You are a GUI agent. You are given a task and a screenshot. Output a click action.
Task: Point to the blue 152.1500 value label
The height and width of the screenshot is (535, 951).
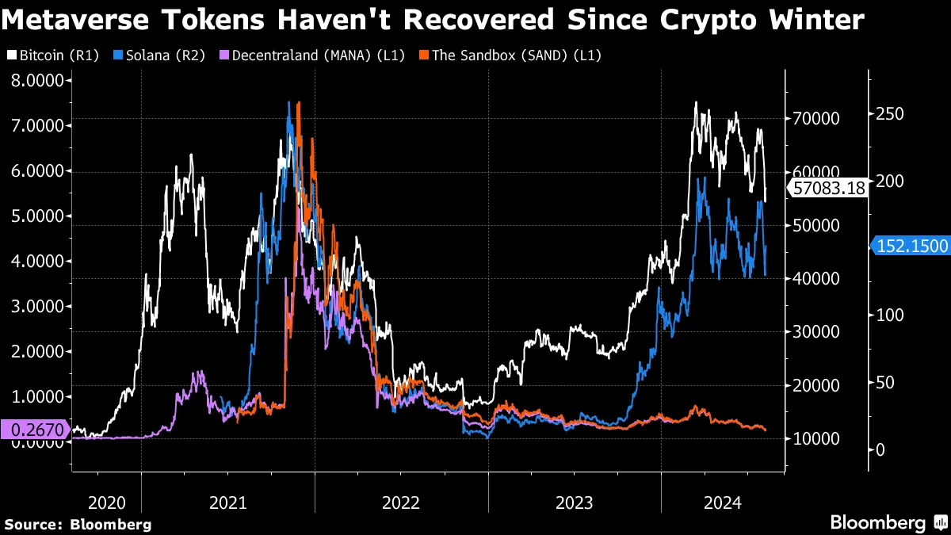pyautogui.click(x=912, y=246)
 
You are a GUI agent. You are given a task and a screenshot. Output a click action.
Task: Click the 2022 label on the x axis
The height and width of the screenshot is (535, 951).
pyautogui.click(x=400, y=503)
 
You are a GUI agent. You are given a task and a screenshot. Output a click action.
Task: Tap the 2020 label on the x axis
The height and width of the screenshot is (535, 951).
pyautogui.click(x=107, y=503)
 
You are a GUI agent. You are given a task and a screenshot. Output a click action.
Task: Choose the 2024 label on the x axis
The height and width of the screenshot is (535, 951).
pyautogui.click(x=722, y=503)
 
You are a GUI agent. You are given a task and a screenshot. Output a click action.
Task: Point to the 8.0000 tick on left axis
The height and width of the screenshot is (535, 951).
pyautogui.click(x=37, y=80)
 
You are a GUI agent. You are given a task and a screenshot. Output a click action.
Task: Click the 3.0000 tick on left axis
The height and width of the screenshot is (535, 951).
pyautogui.click(x=37, y=306)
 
